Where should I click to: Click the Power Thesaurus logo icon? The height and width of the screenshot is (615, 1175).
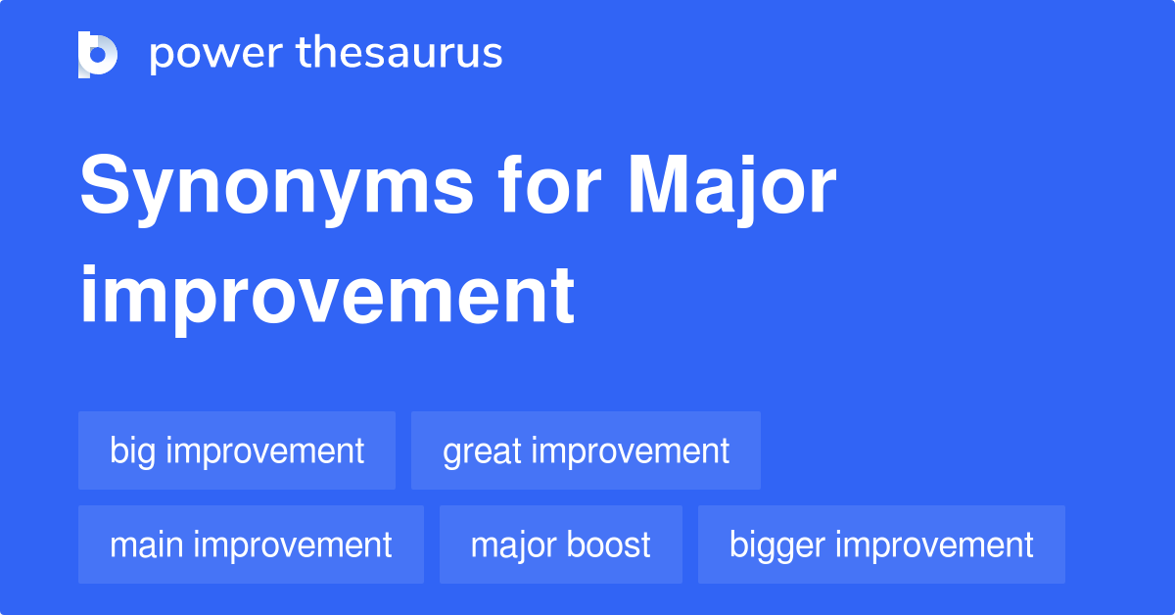point(98,54)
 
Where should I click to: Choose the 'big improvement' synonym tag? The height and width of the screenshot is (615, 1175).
point(237,451)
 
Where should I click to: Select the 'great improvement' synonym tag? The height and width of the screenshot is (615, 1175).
point(586,451)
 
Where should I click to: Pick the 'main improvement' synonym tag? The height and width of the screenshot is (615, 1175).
point(251,544)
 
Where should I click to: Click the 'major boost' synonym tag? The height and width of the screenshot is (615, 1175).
point(560,544)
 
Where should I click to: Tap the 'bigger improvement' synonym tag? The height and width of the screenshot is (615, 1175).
point(881,544)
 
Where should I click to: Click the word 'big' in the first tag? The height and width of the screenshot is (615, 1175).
point(132,452)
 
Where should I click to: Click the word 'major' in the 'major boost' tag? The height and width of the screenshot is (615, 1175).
point(512,546)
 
